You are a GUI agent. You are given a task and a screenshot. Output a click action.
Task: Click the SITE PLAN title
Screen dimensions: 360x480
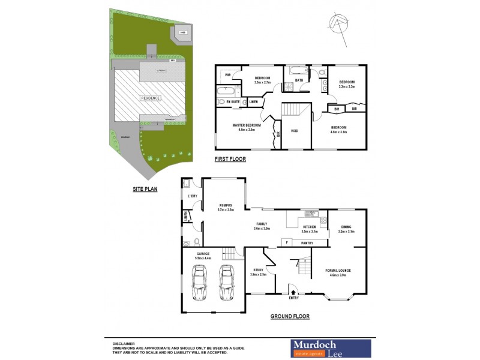(145, 188)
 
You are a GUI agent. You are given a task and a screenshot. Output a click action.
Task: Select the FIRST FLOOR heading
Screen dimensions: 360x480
(230, 159)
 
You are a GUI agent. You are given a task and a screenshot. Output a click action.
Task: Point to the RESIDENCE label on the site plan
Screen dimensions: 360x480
(151, 98)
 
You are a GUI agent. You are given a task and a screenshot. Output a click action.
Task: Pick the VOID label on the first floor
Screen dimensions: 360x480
(295, 130)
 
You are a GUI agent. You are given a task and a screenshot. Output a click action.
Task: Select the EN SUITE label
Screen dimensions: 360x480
(233, 103)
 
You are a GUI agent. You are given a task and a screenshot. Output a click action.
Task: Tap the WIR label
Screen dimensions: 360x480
(228, 75)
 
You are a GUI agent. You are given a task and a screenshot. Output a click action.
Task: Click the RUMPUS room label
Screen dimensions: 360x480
(226, 207)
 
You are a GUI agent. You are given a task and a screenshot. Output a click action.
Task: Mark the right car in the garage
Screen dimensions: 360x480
(226, 282)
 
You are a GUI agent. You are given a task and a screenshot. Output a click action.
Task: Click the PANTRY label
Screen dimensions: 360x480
(307, 242)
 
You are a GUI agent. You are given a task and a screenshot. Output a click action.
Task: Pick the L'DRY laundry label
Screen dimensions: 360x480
(193, 196)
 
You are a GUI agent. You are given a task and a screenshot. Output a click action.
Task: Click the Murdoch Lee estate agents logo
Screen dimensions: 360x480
(331, 348)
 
